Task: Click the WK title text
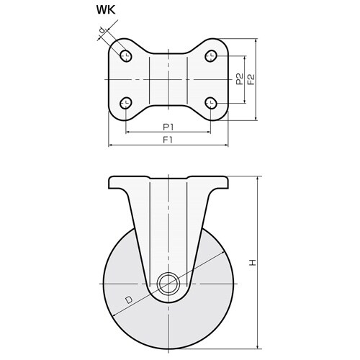(x=106, y=10)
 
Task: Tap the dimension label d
(x=102, y=30)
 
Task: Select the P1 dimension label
(x=168, y=127)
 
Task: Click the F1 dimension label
(x=168, y=140)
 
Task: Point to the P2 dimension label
(x=240, y=79)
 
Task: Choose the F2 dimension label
(x=251, y=79)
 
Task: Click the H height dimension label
(x=253, y=263)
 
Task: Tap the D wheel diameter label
(x=129, y=300)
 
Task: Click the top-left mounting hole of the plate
(x=126, y=56)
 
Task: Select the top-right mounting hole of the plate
(x=211, y=56)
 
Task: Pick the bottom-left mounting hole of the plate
(x=126, y=103)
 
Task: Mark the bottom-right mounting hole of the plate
(x=211, y=103)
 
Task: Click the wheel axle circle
(x=168, y=284)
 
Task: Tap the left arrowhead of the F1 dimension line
(x=110, y=145)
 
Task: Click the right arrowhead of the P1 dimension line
(x=208, y=132)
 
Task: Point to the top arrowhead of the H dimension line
(x=258, y=179)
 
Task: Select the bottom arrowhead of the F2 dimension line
(x=256, y=117)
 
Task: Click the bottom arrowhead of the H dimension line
(x=258, y=346)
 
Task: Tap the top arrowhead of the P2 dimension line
(x=245, y=58)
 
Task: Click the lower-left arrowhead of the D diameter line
(x=115, y=315)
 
